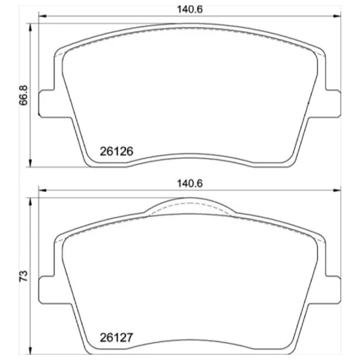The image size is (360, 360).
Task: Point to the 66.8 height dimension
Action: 22,94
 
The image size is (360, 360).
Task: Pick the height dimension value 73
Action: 22,277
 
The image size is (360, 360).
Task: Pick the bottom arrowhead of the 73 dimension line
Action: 30,349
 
